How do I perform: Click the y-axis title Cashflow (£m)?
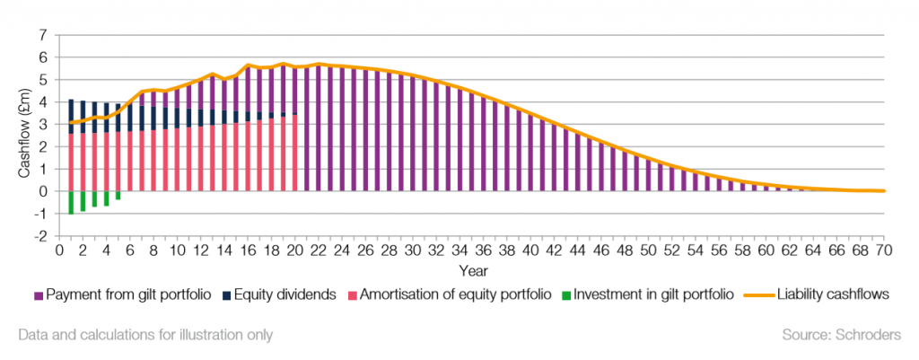(23, 135)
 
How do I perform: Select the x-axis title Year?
(469, 268)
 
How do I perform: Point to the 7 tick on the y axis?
(42, 35)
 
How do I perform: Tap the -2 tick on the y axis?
(39, 236)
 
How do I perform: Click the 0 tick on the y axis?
(42, 191)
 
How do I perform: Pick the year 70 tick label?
(883, 250)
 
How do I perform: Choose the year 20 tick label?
(294, 250)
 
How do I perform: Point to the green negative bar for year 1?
(71, 202)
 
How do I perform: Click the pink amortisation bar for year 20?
(294, 153)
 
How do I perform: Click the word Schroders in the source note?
(871, 335)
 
